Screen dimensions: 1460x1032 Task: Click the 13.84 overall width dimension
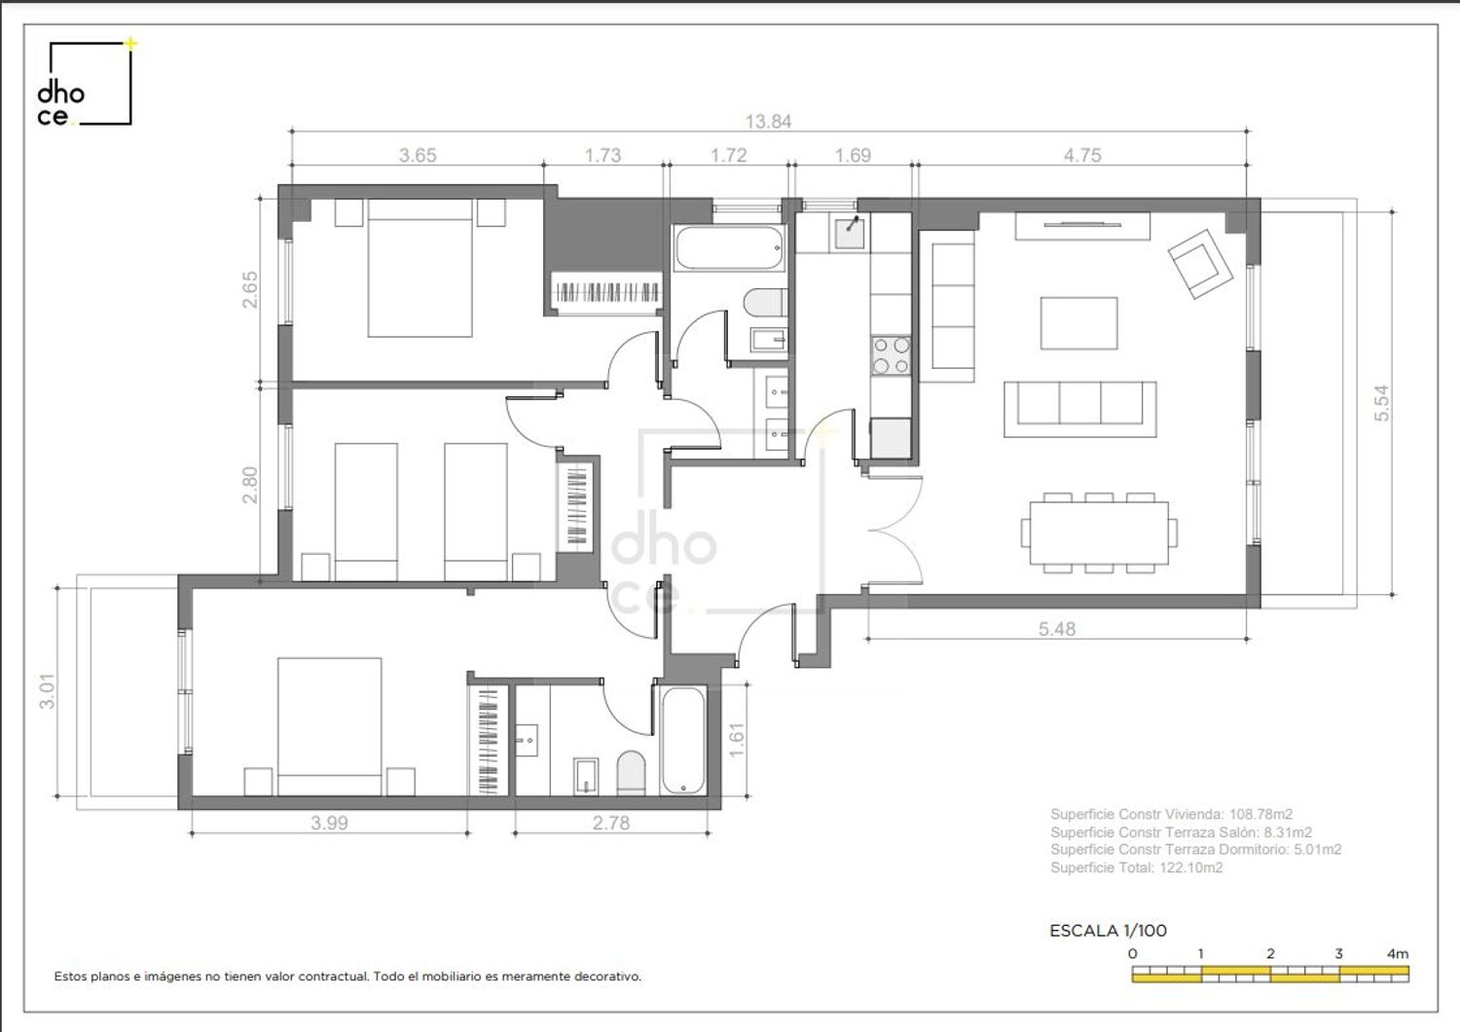point(768,122)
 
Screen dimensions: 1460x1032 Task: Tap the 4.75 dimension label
point(1082,155)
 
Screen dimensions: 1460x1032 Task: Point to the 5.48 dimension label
point(1056,629)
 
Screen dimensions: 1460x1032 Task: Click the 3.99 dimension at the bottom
point(329,823)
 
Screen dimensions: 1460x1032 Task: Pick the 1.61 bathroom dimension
point(736,740)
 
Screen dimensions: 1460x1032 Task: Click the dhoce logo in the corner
point(86,83)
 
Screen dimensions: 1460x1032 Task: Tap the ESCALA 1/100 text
point(1108,931)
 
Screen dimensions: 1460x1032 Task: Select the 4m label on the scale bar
point(1398,954)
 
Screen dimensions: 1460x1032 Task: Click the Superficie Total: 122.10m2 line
point(1137,867)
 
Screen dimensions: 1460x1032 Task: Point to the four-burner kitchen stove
point(891,355)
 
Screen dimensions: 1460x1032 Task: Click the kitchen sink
point(850,234)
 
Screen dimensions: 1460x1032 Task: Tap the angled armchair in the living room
point(1200,264)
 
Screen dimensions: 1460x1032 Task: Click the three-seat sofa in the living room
point(1080,409)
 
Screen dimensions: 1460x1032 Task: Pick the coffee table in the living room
point(1078,323)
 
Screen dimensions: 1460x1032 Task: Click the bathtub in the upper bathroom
point(729,247)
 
